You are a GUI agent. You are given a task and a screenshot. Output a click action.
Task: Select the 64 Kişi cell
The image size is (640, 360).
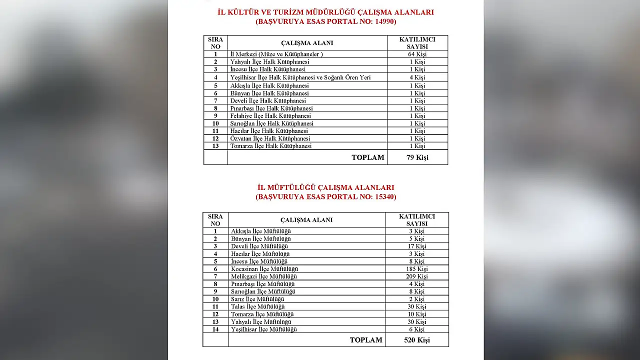pos(417,54)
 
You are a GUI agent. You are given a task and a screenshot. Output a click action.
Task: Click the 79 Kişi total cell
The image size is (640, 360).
pos(417,157)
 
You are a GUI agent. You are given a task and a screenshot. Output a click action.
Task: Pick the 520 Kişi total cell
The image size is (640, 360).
pos(416,340)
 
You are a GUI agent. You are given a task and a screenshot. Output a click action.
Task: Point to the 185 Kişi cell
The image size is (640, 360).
pos(416,269)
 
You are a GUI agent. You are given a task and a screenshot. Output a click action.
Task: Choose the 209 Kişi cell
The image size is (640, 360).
pos(416,276)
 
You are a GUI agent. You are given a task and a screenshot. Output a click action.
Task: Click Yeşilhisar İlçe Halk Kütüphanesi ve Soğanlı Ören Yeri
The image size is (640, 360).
pos(300,77)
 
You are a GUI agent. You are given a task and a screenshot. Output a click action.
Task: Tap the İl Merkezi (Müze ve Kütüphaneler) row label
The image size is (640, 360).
pos(276,54)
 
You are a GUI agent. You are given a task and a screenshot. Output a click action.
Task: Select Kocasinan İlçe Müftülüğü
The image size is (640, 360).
pos(264,269)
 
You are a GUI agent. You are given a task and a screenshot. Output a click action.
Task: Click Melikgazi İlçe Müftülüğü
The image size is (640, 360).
pos(264,276)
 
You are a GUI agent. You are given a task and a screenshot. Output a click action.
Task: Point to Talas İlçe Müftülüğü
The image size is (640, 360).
pos(257,306)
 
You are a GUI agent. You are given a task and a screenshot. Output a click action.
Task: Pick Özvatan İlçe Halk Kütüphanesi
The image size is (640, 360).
pos(270,138)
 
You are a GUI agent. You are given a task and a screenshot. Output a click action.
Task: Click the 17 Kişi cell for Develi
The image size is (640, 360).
pos(416,246)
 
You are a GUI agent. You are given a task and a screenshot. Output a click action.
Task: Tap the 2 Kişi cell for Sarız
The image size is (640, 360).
pos(416,299)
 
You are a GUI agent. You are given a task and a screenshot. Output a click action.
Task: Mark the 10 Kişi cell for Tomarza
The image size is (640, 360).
pos(416,314)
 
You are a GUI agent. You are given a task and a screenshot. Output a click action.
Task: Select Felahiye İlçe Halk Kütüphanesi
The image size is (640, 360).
pos(270,116)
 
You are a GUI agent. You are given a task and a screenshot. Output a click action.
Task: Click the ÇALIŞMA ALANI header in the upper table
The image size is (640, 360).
pos(307,43)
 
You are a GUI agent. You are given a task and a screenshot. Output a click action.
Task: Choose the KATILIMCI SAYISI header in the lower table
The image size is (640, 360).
pos(416,220)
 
